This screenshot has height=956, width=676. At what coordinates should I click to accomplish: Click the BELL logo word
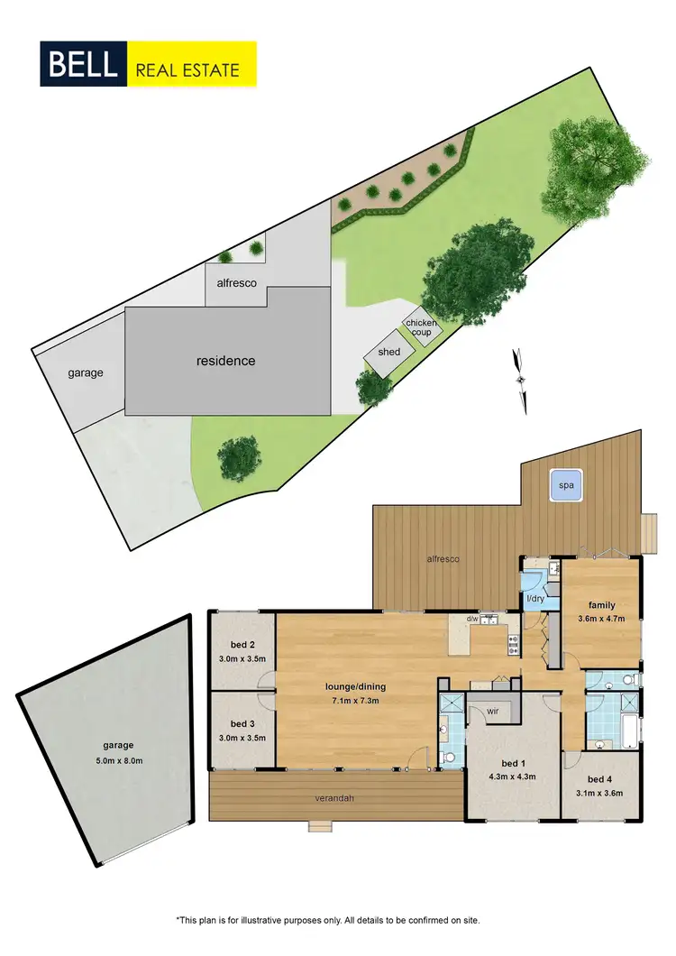pos(83,64)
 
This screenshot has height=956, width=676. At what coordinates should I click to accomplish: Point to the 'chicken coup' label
pos(422,327)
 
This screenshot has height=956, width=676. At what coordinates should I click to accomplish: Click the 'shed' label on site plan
pos(389,352)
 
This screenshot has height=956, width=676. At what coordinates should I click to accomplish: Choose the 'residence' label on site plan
pos(226,361)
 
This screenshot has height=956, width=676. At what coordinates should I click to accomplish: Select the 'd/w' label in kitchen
pos(472,619)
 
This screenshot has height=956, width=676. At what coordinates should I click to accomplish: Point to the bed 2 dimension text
pos(242,659)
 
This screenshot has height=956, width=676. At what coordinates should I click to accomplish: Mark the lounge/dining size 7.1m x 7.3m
pos(356,699)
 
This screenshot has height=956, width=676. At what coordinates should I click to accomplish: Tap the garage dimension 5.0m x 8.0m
pos(118,760)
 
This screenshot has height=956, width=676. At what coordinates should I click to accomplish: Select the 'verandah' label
pos(333,797)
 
